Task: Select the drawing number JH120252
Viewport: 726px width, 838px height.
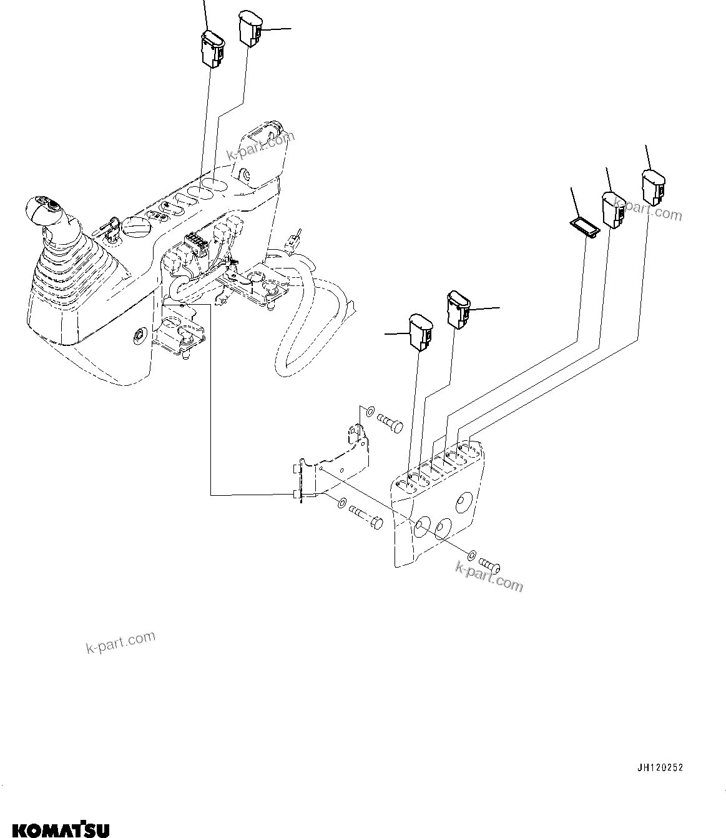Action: click(x=660, y=767)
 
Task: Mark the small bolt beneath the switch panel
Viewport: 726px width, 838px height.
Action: click(x=491, y=565)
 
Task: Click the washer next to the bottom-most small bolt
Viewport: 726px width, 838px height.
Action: click(x=473, y=554)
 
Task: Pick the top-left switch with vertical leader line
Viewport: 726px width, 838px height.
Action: click(x=210, y=47)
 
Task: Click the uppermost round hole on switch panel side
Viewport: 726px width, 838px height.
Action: click(x=463, y=501)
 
